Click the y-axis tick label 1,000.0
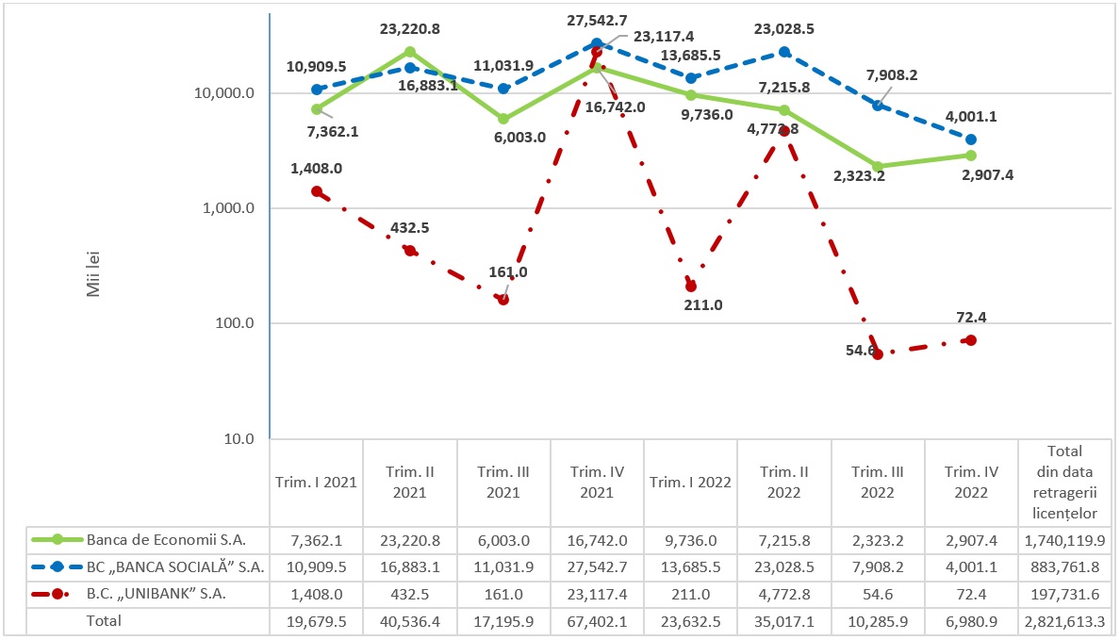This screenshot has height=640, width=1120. tap(225, 208)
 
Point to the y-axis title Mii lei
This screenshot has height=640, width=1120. tap(93, 272)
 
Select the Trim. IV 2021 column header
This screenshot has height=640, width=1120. tap(597, 482)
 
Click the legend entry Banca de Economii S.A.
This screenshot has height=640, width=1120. tap(166, 540)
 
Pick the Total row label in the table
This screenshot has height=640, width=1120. tap(104, 621)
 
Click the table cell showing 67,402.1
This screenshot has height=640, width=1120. tap(597, 621)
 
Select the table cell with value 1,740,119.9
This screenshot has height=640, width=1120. tap(1064, 540)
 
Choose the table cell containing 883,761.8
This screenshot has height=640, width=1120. tap(1064, 566)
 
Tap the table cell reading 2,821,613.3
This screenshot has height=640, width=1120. tap(1064, 621)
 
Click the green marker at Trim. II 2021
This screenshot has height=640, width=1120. tap(410, 52)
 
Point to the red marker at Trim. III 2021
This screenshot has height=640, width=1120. tap(503, 300)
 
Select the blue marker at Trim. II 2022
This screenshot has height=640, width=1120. tap(784, 52)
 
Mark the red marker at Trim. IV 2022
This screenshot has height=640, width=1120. tap(971, 340)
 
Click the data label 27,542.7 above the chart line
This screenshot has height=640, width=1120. tap(597, 20)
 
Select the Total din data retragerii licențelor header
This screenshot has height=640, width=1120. tap(1064, 482)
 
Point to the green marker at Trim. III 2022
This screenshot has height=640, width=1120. tap(878, 166)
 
